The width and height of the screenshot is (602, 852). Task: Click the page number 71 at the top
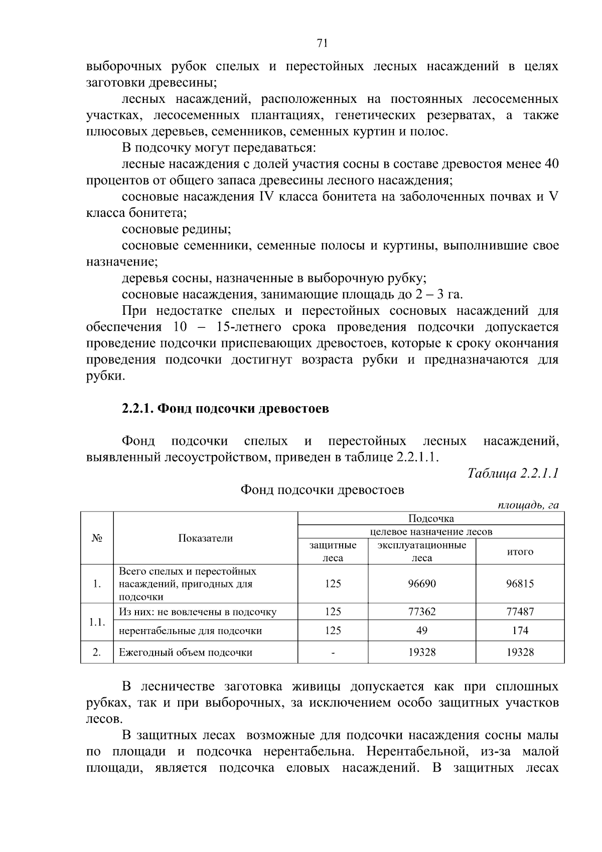[323, 43]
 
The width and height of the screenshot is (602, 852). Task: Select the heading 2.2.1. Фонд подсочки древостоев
[225, 408]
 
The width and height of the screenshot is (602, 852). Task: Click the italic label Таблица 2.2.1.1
[513, 473]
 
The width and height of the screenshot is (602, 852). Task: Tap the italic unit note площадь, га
[528, 505]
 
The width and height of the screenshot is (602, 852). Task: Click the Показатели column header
[206, 538]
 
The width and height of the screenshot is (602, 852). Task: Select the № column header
[97, 538]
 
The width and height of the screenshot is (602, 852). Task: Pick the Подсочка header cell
[431, 519]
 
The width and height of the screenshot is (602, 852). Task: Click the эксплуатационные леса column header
[421, 551]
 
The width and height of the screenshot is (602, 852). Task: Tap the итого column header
[520, 551]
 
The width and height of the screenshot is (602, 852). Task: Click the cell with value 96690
[421, 583]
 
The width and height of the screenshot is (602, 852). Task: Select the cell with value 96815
[520, 583]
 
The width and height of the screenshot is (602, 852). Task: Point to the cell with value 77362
[421, 612]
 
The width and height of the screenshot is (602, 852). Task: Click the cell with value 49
[421, 631]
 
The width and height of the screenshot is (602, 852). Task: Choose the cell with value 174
[520, 631]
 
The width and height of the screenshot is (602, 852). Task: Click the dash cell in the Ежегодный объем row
[333, 653]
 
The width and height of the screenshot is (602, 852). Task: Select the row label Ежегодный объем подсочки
[185, 653]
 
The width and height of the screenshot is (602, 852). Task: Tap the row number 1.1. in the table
[97, 622]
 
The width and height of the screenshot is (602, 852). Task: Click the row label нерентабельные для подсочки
[190, 631]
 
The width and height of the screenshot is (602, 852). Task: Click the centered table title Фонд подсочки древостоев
[322, 490]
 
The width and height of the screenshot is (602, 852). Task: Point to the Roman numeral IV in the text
[265, 196]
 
